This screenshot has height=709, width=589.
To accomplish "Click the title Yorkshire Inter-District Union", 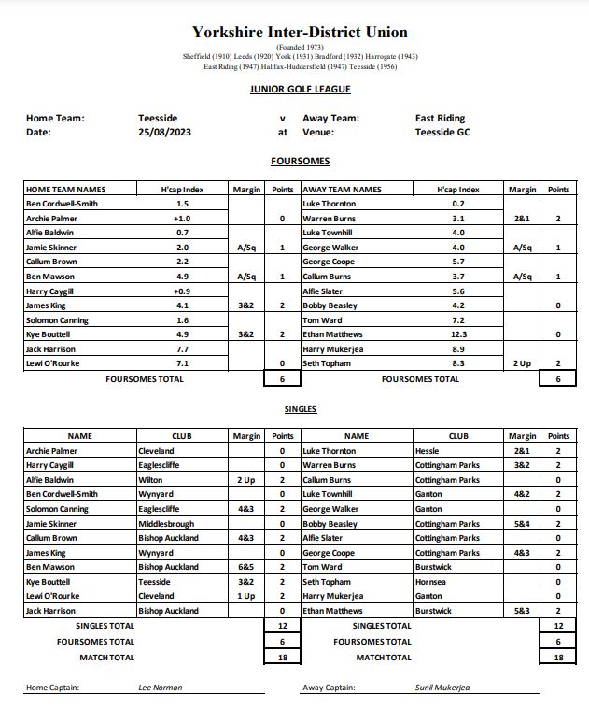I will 300,32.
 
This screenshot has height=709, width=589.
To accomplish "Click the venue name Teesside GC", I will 443,133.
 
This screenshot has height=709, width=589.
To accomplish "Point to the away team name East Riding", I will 440,119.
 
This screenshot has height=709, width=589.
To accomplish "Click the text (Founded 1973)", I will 300,47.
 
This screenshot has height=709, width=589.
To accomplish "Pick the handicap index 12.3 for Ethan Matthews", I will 457,333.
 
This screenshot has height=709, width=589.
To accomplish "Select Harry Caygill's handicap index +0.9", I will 182,291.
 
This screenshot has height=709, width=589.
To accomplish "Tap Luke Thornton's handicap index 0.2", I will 457,204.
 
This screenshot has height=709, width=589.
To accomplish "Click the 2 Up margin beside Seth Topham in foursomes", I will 522,362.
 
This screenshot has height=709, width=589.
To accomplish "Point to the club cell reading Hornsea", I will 429,582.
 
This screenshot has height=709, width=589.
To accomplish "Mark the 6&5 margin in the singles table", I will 246,567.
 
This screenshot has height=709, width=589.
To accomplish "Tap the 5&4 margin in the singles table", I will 522,523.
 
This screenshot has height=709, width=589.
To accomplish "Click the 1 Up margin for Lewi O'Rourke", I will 246,596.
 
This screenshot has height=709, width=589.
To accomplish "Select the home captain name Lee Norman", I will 160,688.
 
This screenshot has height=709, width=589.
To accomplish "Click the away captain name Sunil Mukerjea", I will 442,688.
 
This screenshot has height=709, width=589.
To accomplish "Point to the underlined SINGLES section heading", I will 300,409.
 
